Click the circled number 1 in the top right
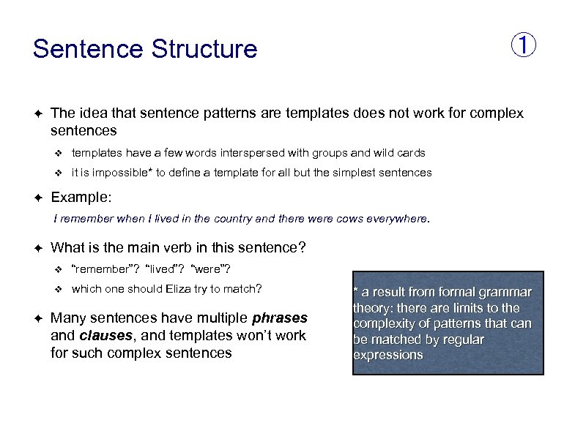pos(523,45)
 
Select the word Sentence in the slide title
pos(88,49)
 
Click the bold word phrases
pos(280,318)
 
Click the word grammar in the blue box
pos(505,292)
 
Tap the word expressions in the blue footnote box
pos(388,356)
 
